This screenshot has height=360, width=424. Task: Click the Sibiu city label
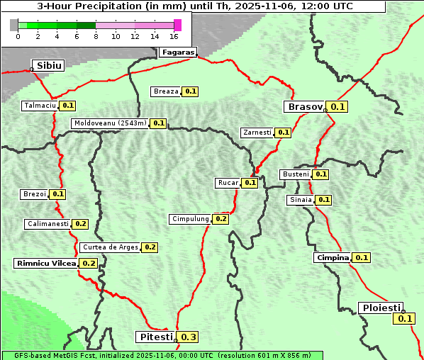[x=50, y=65]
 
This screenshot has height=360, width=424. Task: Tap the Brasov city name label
[x=304, y=107]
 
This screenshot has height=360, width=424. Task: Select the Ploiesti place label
[x=381, y=308]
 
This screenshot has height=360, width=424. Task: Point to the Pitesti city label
[x=155, y=337]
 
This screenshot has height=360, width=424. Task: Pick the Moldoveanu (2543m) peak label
[x=110, y=123]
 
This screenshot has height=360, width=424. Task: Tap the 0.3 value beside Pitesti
[x=189, y=337]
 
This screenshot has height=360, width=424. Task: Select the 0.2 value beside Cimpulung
[x=221, y=219]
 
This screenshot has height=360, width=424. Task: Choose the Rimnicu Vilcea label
[x=46, y=263]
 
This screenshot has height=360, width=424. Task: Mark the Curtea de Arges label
[x=109, y=247]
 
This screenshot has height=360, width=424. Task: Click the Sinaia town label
[x=300, y=200]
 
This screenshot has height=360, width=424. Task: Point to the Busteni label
[x=295, y=174]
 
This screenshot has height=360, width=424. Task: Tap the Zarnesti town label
[x=257, y=133]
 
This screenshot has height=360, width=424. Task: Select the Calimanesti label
[x=48, y=224]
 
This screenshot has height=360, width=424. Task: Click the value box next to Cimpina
[x=362, y=258]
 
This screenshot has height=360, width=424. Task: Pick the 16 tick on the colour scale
[x=174, y=36]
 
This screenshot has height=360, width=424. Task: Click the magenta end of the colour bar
[x=177, y=25]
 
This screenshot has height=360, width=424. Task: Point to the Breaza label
[x=166, y=91]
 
